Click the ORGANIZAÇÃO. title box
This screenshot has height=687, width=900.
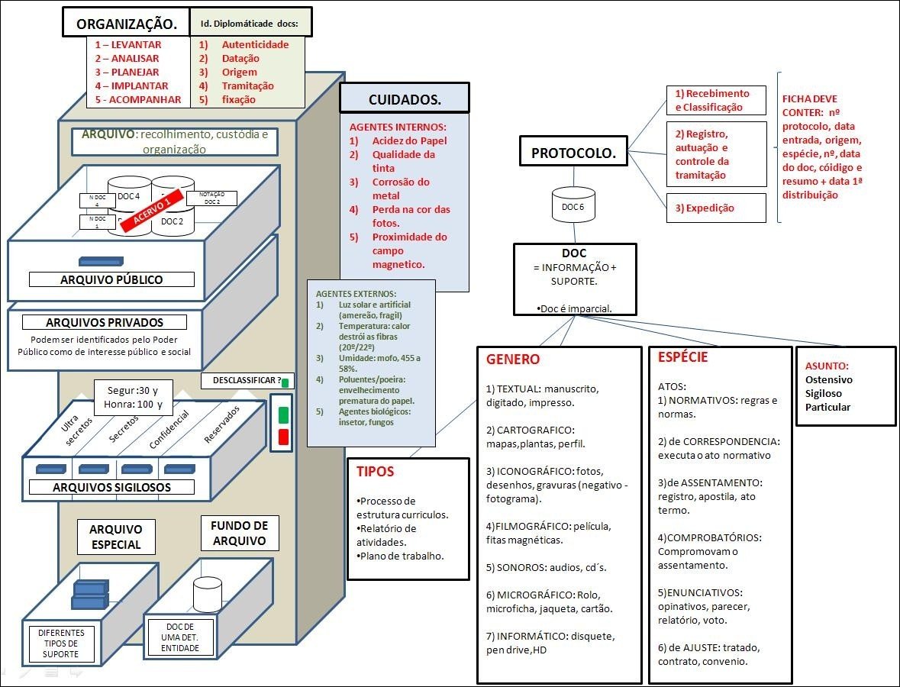coord(126,24)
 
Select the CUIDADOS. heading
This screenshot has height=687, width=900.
coord(405,99)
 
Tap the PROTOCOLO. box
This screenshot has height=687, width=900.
coord(573,152)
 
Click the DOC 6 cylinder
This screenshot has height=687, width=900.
coord(573,207)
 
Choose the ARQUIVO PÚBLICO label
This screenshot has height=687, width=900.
coord(111,279)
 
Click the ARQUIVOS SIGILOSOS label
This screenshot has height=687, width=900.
coord(111,487)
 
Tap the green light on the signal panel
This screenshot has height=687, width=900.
coord(283,414)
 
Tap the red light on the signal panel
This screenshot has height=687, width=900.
coord(283,437)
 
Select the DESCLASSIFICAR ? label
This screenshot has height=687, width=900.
coord(242,380)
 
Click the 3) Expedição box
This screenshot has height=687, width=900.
coord(715,208)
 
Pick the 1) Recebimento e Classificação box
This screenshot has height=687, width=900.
coord(715,100)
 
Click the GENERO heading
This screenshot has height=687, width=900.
coord(513,360)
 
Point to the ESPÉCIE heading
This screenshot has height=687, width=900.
coord(683,356)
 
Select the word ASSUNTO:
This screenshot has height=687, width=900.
coord(827,366)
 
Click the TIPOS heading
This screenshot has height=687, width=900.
coord(376,472)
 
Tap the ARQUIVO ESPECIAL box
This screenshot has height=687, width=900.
coord(115,537)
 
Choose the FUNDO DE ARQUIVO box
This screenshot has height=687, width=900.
coord(239,534)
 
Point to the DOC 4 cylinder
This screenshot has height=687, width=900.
coord(128,197)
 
